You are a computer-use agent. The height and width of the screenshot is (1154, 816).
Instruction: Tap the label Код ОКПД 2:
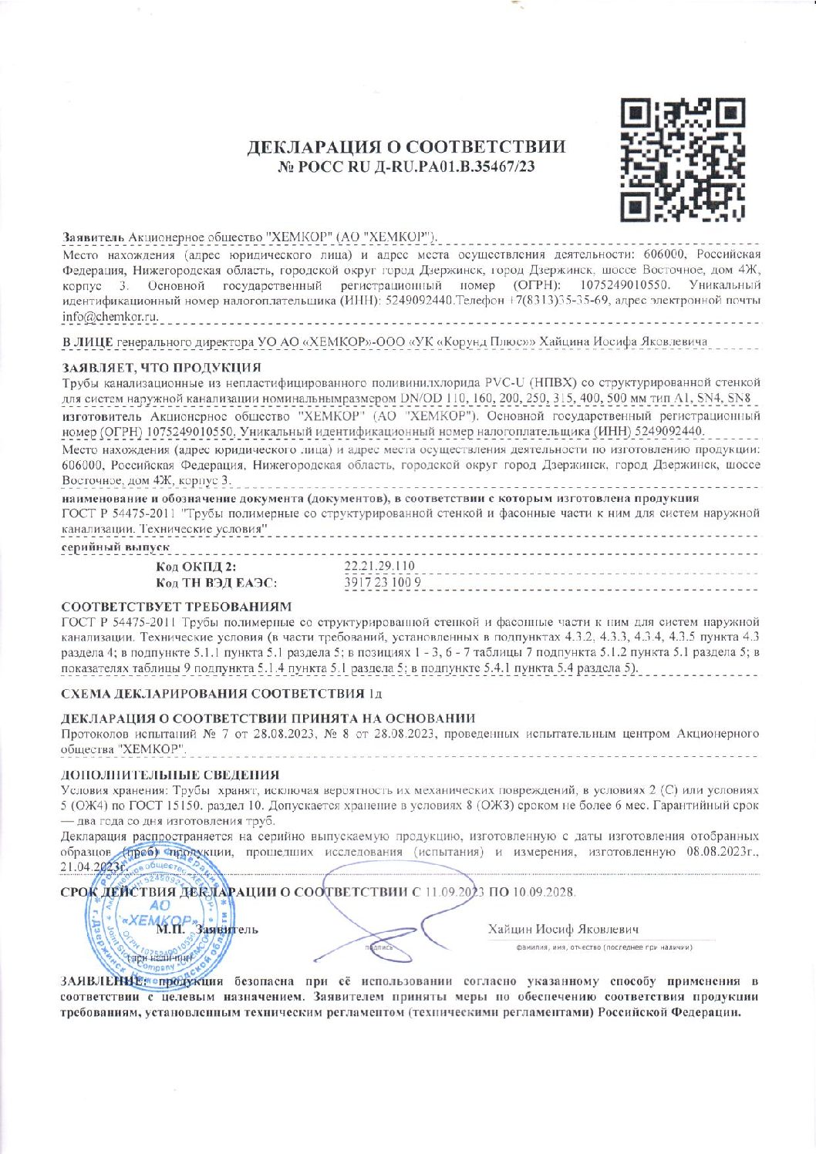pyautogui.click(x=197, y=568)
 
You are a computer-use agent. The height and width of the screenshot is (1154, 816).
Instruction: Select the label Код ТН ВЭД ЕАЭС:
pyautogui.click(x=217, y=584)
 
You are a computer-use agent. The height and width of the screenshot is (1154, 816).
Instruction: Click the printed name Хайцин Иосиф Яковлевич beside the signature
pyautogui.click(x=563, y=929)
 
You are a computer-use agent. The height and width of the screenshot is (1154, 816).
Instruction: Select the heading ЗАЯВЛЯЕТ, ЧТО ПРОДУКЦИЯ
pyautogui.click(x=160, y=367)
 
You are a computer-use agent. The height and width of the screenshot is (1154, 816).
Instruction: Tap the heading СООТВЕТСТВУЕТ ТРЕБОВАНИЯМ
pyautogui.click(x=177, y=607)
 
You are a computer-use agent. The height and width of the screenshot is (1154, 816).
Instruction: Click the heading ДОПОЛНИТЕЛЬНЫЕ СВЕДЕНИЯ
pyautogui.click(x=170, y=775)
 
